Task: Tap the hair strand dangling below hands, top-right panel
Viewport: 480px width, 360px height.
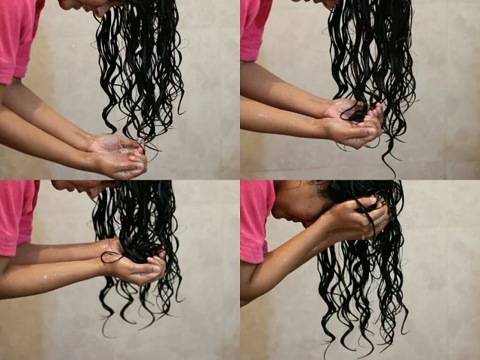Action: click(389, 154)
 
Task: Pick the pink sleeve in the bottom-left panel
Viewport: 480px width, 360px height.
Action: click(17, 213)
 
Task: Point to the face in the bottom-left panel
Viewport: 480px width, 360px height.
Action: click(79, 187)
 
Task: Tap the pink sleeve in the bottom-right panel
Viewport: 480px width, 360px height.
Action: click(256, 219)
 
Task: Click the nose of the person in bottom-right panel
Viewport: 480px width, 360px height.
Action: click(277, 213)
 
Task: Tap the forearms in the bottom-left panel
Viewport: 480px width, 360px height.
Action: click(55, 264)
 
